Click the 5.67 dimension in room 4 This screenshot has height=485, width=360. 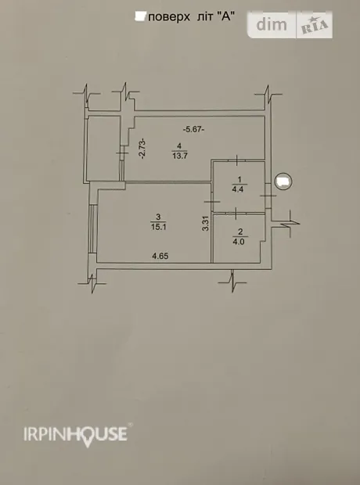click(x=193, y=129)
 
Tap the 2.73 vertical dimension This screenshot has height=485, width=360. click(x=142, y=149)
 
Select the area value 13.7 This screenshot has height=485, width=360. click(x=180, y=156)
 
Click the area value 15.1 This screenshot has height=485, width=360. click(x=159, y=227)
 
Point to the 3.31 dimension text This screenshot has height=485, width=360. click(x=206, y=223)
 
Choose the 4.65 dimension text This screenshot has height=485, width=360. click(x=160, y=256)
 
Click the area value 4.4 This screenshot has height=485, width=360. click(x=238, y=189)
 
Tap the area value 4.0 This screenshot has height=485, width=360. click(x=239, y=242)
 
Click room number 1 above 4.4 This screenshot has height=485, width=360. click(x=239, y=179)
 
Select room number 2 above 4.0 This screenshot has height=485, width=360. click(x=240, y=232)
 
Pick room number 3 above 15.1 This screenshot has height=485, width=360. click(x=159, y=217)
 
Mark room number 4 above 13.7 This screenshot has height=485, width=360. click(x=179, y=145)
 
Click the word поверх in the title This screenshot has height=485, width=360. click(x=169, y=17)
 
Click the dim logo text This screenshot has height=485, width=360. click(x=272, y=24)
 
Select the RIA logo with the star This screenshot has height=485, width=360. click(x=315, y=25)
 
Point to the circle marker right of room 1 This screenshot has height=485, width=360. click(x=283, y=181)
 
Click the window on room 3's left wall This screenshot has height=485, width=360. click(x=93, y=228)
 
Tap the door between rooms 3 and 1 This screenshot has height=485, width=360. click(x=212, y=202)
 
